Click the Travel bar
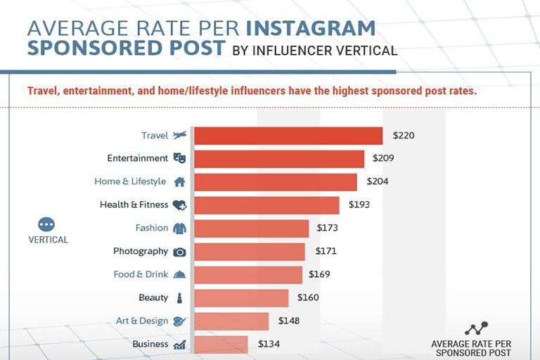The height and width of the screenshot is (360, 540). click(288, 136)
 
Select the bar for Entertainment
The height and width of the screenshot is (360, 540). click(279, 159)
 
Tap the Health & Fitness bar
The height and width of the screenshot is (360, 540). click(266, 205)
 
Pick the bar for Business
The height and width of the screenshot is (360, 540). click(221, 345)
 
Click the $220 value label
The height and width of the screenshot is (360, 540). click(404, 135)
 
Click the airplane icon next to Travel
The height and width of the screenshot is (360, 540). click(180, 135)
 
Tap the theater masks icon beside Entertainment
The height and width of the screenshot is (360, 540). click(179, 158)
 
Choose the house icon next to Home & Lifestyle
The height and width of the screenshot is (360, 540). click(179, 181)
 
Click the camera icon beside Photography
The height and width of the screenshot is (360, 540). click(179, 251)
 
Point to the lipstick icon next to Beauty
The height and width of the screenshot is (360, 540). click(179, 297)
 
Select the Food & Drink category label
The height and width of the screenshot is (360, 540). click(141, 274)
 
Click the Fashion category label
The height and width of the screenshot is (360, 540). click(152, 228)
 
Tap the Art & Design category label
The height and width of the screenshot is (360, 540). click(142, 321)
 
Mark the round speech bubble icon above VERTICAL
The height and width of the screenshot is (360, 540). click(46, 224)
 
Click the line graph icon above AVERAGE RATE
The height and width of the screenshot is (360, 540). click(476, 328)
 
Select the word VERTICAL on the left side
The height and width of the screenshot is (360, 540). click(49, 240)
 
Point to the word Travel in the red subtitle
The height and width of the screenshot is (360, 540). click(43, 91)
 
